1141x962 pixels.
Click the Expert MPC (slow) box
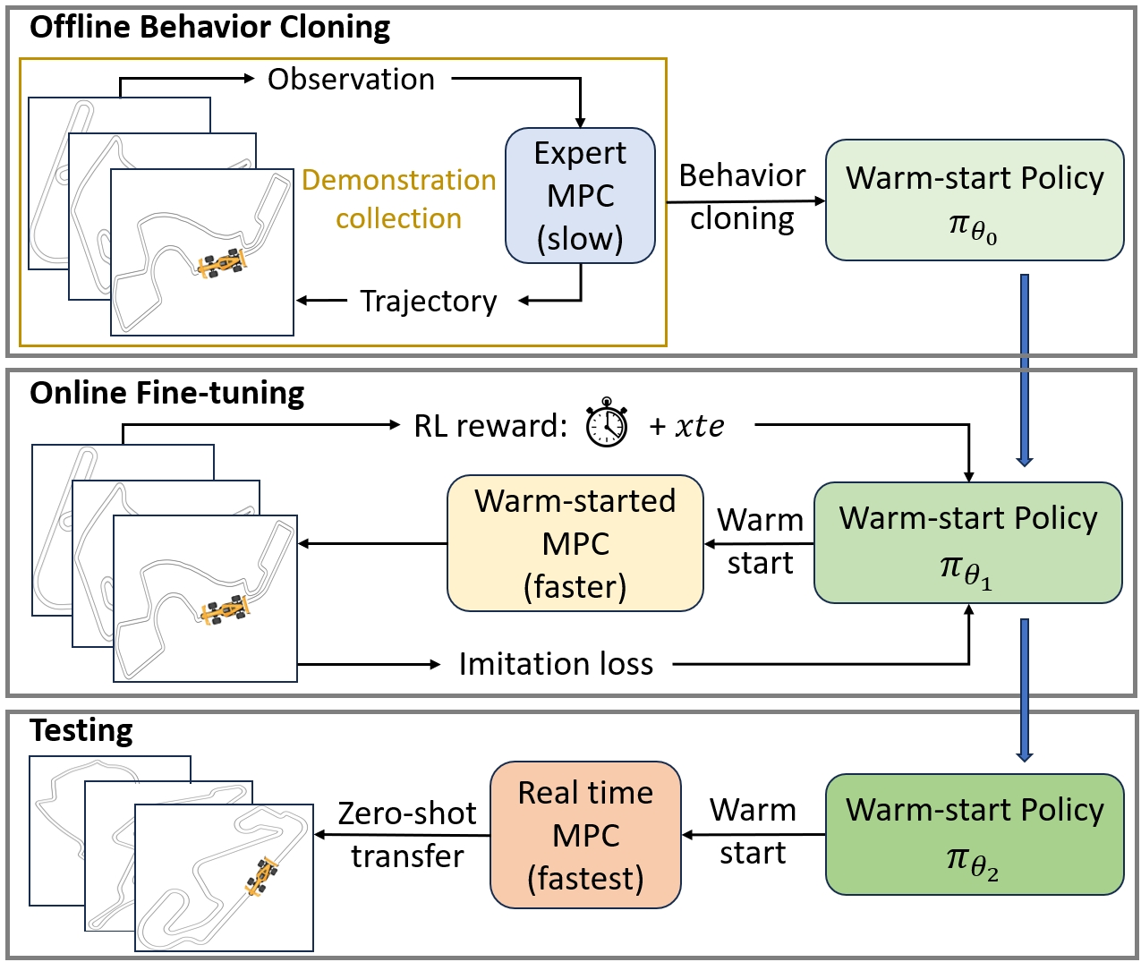(x=580, y=195)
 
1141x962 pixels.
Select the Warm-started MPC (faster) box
(x=575, y=543)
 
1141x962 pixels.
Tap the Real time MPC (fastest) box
(x=585, y=835)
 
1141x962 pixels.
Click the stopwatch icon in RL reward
(x=607, y=423)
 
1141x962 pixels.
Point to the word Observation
(x=351, y=79)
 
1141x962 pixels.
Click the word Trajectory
(x=428, y=302)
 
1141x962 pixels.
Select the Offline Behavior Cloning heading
(x=209, y=27)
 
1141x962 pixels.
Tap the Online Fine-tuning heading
(x=166, y=393)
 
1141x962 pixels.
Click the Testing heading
(x=81, y=730)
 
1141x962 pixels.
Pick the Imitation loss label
(x=556, y=664)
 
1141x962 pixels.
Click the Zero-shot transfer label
(x=407, y=834)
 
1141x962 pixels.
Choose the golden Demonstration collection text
(x=398, y=199)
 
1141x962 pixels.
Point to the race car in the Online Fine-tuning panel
(x=226, y=609)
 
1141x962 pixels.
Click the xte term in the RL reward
(x=699, y=426)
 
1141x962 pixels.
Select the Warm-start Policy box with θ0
(x=974, y=200)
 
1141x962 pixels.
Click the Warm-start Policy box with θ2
(x=974, y=834)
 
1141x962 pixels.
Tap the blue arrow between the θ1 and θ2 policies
(x=1025, y=689)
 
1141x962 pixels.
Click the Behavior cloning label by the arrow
(x=742, y=197)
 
